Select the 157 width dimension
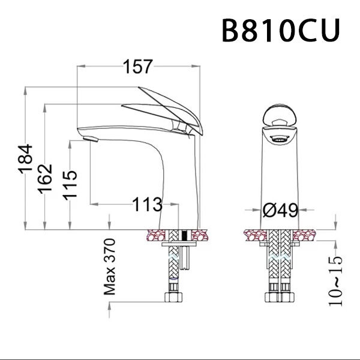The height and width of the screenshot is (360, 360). pos(139,68)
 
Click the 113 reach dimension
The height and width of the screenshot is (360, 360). pos(148,205)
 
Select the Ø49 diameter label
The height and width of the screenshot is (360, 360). pos(281,210)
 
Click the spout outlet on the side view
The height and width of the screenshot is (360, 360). pos(90,140)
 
